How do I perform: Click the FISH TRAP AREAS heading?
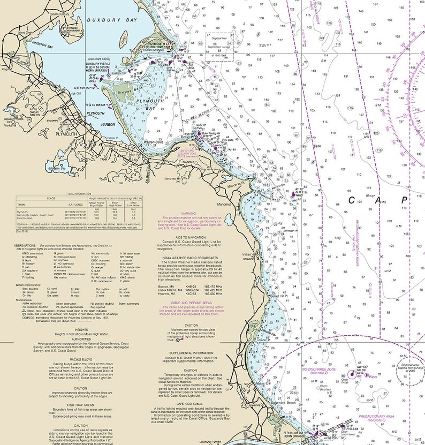(81, 405)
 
